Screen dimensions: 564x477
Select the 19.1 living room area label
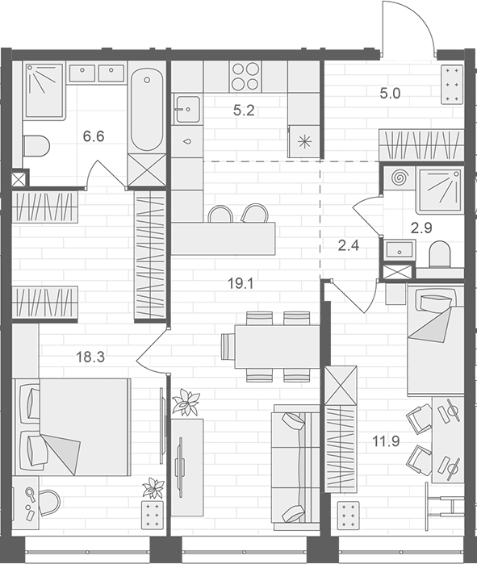pos(241,283)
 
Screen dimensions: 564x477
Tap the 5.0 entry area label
pos(391,92)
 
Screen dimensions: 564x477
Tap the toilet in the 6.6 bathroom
pos(36,145)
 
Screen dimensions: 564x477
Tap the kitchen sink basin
pos(187,107)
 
